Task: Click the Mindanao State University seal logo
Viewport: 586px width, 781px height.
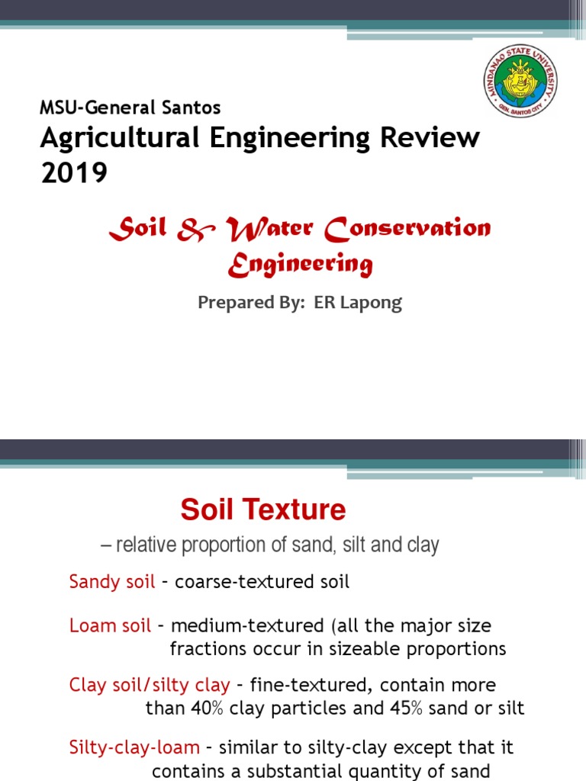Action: coord(520,81)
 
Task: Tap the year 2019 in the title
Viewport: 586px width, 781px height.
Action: coord(74,173)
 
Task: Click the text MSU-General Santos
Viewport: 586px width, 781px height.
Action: coord(130,108)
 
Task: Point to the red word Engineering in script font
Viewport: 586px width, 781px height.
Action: coord(301,264)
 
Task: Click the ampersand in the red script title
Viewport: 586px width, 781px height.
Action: coord(195,230)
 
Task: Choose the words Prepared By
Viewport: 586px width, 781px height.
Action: coord(251,303)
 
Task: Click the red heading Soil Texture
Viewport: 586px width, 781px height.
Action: coord(263,509)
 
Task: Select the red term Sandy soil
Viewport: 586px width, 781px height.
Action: coord(112,581)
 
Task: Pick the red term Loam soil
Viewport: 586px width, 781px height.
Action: coord(110,625)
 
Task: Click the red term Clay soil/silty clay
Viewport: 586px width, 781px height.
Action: coord(150,685)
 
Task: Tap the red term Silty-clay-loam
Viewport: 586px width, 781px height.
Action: coord(134,747)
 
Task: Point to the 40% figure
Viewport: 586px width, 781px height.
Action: coord(207,708)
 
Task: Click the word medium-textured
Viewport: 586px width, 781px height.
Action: coord(248,625)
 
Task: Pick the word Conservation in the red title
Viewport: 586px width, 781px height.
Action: coord(407,229)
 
